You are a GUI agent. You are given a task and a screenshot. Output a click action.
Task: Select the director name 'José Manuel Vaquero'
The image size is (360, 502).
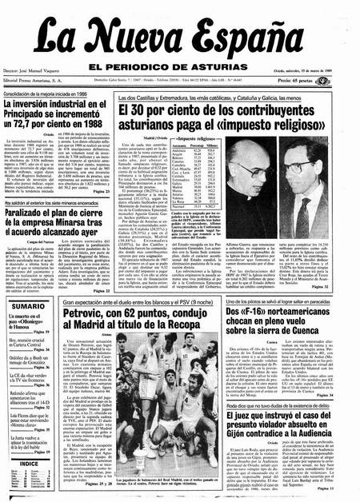[x=43, y=82]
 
